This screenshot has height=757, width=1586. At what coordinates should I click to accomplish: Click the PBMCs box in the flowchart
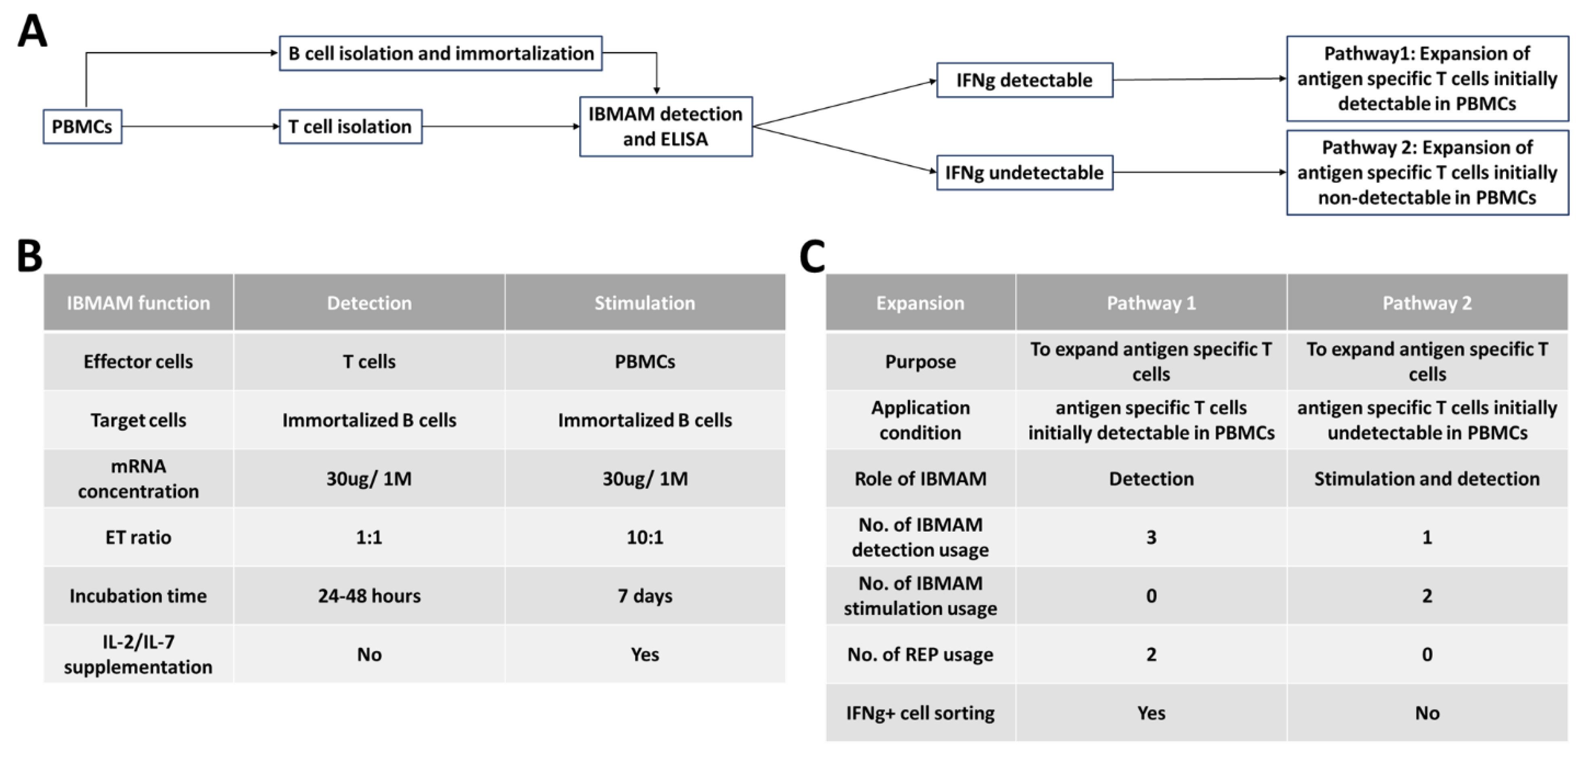[x=82, y=126]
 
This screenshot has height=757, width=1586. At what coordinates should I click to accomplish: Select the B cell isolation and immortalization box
[x=440, y=54]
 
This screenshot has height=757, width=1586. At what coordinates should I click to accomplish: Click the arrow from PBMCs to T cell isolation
[x=200, y=126]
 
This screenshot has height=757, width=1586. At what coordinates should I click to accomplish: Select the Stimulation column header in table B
[x=645, y=303]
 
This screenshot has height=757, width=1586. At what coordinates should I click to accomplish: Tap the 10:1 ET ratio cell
[x=645, y=537]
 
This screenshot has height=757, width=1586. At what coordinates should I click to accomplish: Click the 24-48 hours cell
[x=369, y=595]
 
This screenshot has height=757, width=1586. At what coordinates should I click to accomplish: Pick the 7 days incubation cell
[x=645, y=595]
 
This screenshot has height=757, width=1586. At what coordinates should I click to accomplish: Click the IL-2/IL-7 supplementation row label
[x=138, y=654]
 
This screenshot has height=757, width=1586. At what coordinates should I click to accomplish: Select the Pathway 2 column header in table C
[x=1427, y=303]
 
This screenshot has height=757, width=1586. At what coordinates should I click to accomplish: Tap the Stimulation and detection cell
[x=1427, y=479]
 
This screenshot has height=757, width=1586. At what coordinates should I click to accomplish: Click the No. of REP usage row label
[x=920, y=654]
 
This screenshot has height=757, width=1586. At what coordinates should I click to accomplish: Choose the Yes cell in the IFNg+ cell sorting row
[x=1151, y=713]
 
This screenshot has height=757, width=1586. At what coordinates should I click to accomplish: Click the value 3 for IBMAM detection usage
[x=1151, y=537]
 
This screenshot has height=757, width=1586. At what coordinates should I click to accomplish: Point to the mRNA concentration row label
[x=138, y=479]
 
